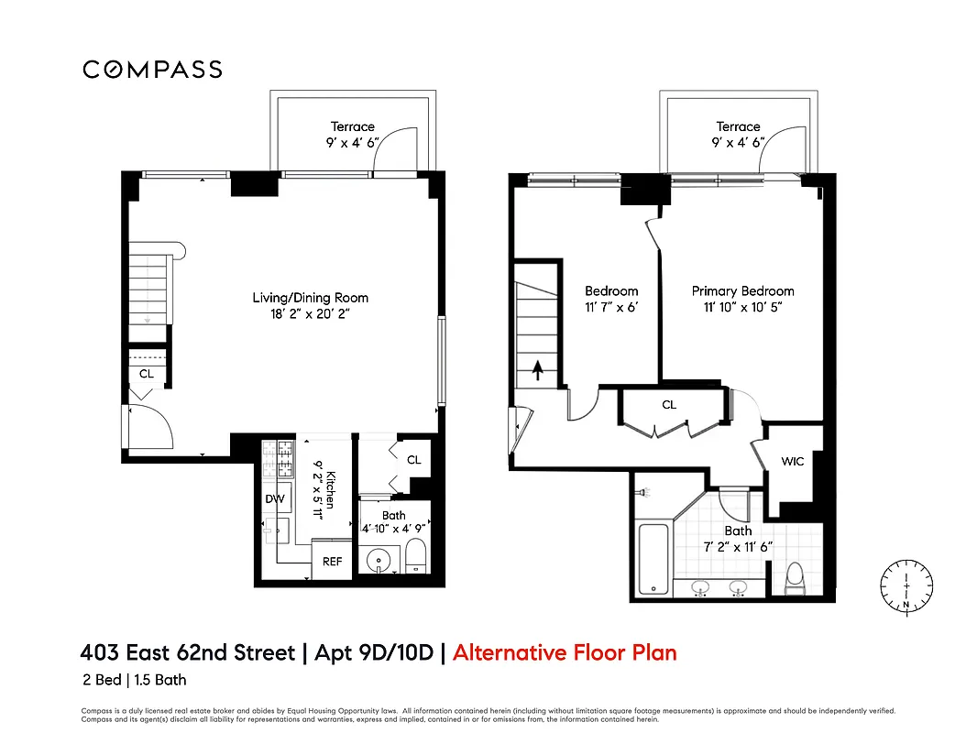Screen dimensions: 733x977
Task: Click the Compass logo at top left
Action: [152, 70]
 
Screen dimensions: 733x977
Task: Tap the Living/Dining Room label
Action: [311, 298]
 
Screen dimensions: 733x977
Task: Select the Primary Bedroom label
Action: [742, 291]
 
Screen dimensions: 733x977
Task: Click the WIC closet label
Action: [792, 461]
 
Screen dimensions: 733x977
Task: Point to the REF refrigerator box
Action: [332, 561]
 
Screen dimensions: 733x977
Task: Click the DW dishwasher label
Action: [274, 499]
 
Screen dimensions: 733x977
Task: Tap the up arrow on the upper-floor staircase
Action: [538, 371]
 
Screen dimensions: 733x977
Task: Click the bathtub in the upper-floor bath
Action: [653, 558]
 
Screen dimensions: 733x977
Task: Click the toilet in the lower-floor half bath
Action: [415, 556]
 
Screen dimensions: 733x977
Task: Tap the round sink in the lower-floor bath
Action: [379, 559]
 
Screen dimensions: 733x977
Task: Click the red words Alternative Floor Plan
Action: [565, 652]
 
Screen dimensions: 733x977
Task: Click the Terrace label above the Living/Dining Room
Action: [353, 126]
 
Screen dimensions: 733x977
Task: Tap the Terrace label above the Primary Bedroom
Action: [738, 126]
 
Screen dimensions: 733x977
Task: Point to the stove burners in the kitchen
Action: [277, 460]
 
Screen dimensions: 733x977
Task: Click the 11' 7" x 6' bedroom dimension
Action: [610, 308]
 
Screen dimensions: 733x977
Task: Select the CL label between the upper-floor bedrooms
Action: [669, 404]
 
